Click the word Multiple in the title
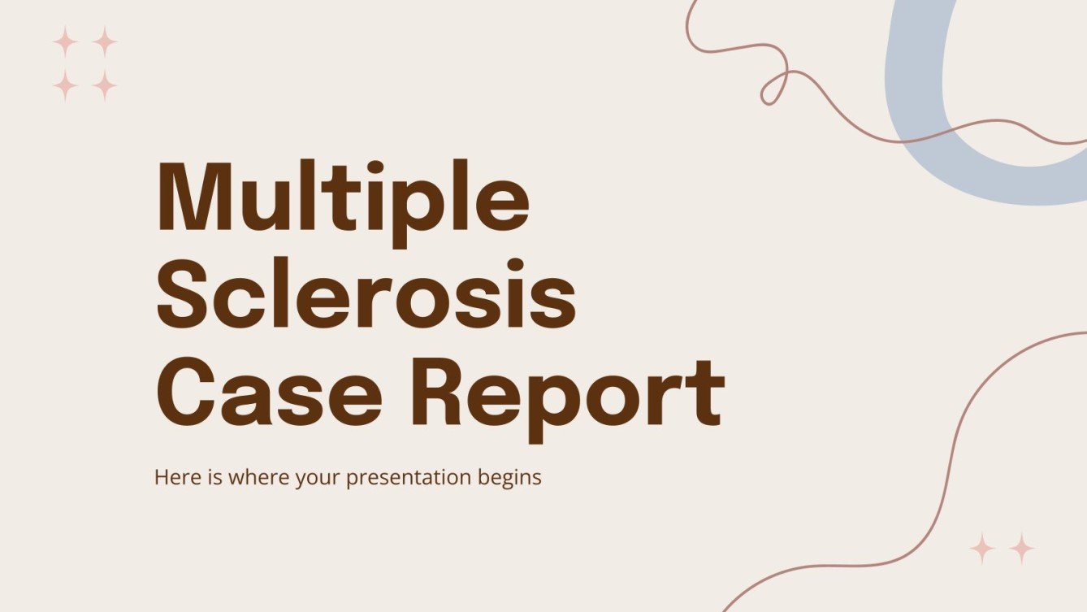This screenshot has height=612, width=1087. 342,199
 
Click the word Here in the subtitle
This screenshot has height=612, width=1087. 171,477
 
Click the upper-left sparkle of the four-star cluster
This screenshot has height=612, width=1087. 64,41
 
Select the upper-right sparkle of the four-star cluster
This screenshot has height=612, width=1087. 104,41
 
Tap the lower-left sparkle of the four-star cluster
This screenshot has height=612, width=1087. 64,84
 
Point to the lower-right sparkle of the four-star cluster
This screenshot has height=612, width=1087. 104,84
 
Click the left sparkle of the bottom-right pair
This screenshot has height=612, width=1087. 982,549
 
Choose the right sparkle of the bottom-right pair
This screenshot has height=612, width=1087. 1021,549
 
